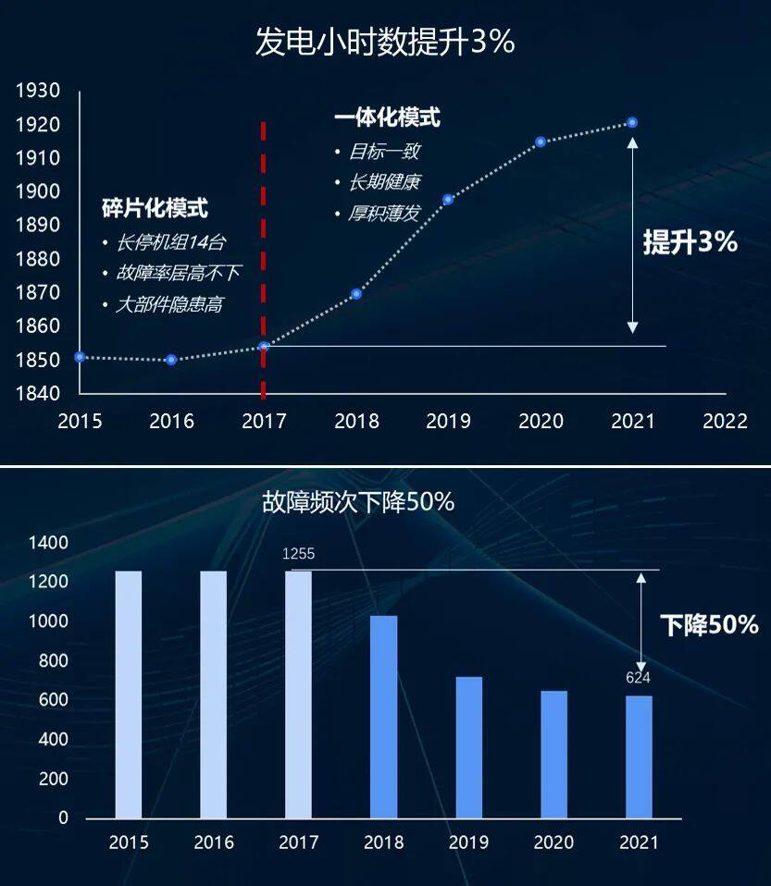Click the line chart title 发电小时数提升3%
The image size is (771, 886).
click(384, 43)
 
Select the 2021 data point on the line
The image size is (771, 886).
click(632, 123)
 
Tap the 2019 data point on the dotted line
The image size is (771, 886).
click(448, 200)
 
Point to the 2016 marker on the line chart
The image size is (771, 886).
click(171, 360)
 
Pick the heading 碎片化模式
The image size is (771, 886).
click(155, 208)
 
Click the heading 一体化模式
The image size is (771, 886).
click(387, 117)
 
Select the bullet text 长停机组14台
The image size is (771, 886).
click(170, 242)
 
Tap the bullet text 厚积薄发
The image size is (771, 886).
click(383, 214)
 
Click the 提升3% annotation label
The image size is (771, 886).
click(690, 242)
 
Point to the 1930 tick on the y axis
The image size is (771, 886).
click(38, 91)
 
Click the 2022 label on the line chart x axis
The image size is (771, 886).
click(725, 422)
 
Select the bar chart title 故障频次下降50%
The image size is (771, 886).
click(357, 502)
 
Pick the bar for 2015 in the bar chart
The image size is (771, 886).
click(129, 694)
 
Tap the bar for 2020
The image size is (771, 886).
click(554, 754)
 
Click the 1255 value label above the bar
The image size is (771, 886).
click(299, 554)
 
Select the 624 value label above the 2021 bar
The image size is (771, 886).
click(638, 678)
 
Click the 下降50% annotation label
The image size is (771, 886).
click(709, 625)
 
